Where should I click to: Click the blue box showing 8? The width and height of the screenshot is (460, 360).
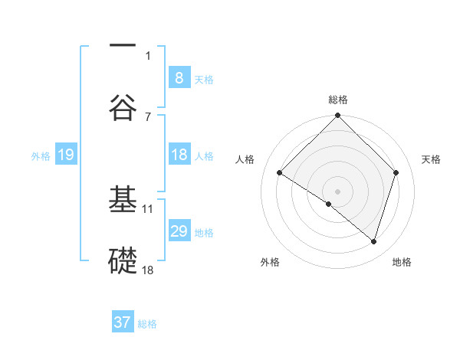tap(179, 77)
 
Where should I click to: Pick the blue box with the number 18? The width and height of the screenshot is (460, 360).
tap(179, 155)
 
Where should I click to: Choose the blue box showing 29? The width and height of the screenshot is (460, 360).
tap(179, 231)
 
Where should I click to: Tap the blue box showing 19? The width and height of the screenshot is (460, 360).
tap(65, 155)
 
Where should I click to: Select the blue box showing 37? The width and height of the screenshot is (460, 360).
tap(123, 322)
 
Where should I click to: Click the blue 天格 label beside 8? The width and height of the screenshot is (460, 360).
tap(204, 79)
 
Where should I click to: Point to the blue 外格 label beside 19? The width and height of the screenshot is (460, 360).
tap(41, 156)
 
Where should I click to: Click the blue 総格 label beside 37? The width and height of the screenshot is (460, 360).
tap(147, 324)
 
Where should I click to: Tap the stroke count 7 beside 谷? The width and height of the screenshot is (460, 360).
tap(148, 116)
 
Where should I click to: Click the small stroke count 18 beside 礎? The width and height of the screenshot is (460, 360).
tap(148, 270)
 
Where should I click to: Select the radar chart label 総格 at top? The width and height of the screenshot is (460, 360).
tap(338, 100)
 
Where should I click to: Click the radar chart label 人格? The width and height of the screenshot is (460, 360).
tap(245, 159)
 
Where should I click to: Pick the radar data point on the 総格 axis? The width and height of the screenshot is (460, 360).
tap(338, 117)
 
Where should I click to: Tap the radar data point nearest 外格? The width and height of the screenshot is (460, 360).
tap(329, 205)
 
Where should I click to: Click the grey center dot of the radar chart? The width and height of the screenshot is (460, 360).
tap(338, 191)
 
